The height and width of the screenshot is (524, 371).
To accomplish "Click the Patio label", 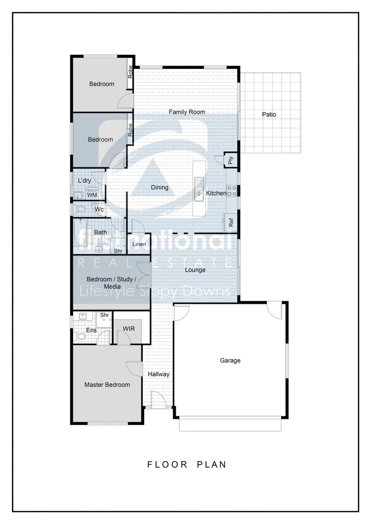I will (269, 115).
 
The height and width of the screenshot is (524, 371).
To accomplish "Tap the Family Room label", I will (187, 112).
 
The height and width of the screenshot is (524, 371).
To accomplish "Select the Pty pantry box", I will (231, 160).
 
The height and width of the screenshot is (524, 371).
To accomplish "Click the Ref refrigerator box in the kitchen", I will (231, 222).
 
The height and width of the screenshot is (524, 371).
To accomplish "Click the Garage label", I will (230, 360).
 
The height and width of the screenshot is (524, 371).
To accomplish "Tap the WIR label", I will (129, 329).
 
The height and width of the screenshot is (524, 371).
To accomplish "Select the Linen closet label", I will (139, 244).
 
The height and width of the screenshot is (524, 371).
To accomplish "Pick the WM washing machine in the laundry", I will (92, 195).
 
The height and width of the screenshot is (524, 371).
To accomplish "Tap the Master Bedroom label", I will (107, 385).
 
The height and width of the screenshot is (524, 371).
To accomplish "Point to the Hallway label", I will (159, 374).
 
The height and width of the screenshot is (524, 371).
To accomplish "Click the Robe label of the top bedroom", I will (131, 72).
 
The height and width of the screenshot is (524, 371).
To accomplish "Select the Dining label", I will (160, 188).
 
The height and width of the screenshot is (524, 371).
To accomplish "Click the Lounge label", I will (195, 270).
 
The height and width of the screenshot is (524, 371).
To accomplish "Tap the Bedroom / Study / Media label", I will (112, 283).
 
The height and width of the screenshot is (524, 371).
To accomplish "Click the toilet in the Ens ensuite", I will (80, 336).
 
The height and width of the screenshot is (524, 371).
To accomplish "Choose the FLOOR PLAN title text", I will (187, 464).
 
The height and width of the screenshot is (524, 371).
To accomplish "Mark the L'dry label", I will (84, 181).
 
